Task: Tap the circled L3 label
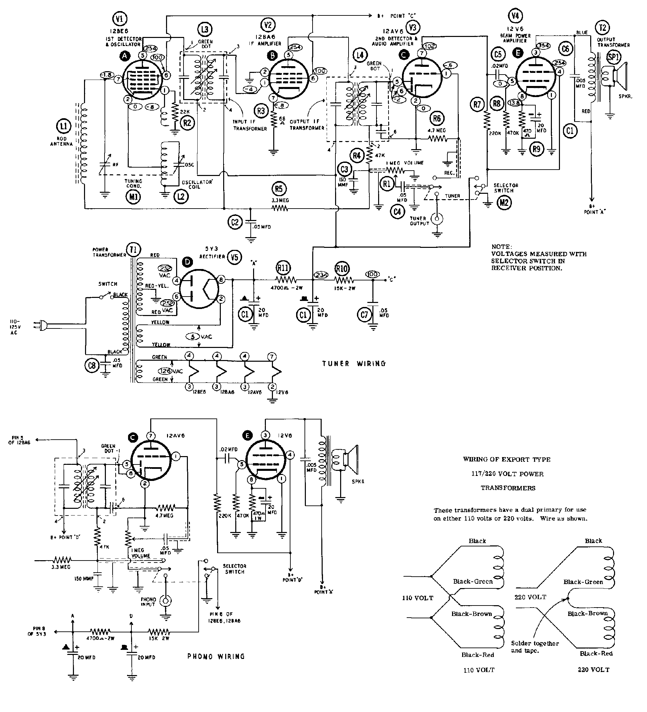point(205,30)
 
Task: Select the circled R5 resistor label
point(279,189)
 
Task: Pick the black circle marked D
point(187,262)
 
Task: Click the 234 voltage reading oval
point(321,275)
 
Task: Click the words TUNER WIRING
point(353,363)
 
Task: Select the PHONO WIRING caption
point(216,657)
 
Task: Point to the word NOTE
point(501,247)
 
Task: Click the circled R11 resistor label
point(283,268)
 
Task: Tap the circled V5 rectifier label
point(235,258)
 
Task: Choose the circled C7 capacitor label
point(364,315)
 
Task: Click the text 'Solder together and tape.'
point(535,647)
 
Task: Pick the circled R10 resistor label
point(342,269)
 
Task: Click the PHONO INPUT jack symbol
point(165,601)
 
